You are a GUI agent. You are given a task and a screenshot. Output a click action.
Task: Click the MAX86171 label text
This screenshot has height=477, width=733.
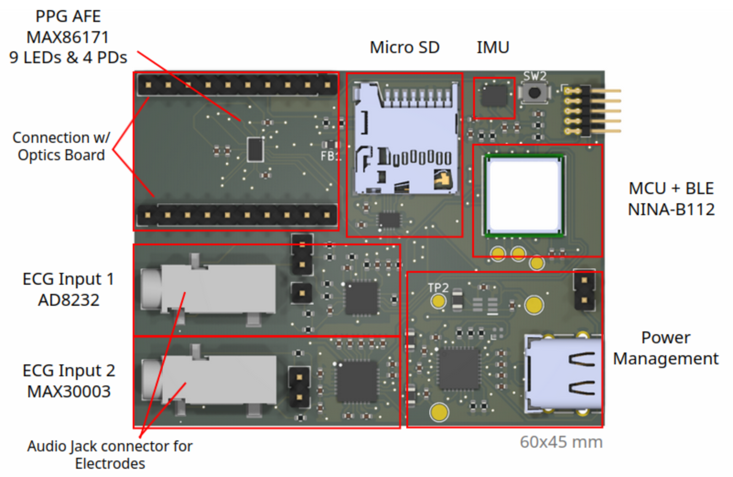(68, 37)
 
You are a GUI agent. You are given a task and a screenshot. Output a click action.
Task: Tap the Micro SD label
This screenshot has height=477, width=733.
(404, 47)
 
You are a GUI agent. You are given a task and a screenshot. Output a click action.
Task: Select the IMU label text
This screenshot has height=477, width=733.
(493, 47)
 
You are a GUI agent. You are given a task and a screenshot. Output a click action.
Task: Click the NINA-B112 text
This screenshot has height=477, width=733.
(671, 209)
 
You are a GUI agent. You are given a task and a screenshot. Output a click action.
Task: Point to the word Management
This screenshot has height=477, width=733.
(665, 358)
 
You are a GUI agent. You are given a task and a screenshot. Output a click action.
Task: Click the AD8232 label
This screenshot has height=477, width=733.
(69, 300)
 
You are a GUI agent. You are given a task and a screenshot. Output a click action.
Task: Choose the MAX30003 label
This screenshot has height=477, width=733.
(69, 391)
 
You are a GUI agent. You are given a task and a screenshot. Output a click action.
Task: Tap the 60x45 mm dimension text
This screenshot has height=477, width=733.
(561, 442)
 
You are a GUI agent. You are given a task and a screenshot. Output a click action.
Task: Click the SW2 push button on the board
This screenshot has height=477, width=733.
(534, 93)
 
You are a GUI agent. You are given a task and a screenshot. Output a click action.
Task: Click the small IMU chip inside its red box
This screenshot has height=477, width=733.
(494, 97)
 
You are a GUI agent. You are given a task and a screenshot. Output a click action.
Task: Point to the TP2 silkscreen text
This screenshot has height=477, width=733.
(438, 287)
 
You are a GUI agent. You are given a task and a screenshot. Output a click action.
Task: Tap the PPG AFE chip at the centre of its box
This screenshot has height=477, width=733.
(255, 149)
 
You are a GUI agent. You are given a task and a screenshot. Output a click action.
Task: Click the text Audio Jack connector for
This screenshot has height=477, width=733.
(110, 446)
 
